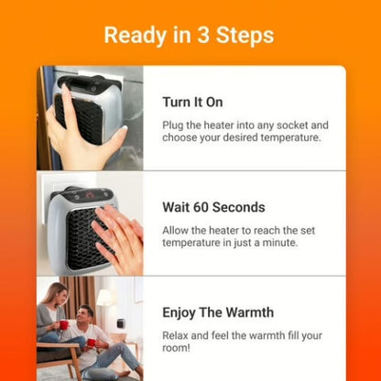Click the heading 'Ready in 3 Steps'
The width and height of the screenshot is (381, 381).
coord(189,35)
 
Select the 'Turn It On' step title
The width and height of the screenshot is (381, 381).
coord(192,102)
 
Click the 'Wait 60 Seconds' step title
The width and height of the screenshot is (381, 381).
coord(213,207)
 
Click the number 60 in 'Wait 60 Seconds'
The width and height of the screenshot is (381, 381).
coord(209,207)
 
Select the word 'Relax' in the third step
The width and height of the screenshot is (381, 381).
coord(178,335)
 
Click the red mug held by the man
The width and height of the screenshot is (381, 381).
coord(91,343)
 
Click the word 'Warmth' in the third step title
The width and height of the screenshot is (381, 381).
coord(252,313)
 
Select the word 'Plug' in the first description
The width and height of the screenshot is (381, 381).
coord(174,124)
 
